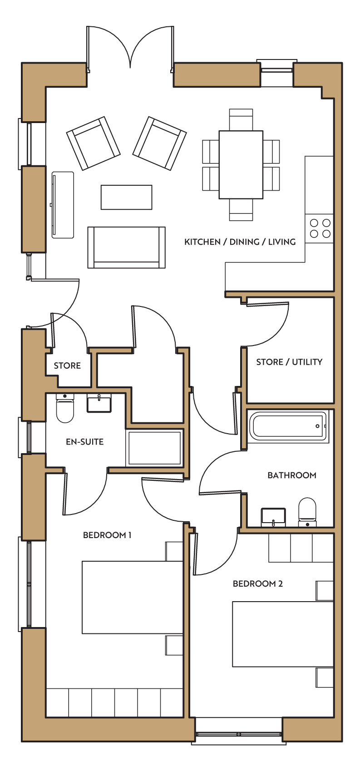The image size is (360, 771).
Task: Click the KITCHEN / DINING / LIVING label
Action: click(x=240, y=242)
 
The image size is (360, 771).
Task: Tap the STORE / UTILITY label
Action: click(x=289, y=362)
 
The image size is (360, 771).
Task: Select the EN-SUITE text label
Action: click(x=84, y=442)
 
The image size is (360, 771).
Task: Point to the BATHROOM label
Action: click(x=292, y=475)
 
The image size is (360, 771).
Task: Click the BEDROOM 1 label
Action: click(x=107, y=535)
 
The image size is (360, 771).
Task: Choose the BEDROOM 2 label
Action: click(x=258, y=583)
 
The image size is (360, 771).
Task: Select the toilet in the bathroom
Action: click(x=307, y=512)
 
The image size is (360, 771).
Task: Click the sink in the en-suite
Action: click(x=99, y=403)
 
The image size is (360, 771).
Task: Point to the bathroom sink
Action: click(x=273, y=517)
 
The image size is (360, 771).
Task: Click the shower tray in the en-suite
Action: click(x=154, y=448)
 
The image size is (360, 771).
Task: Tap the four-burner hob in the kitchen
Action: click(x=319, y=228)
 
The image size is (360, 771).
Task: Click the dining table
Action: click(x=241, y=164)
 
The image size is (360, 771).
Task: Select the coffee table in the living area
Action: click(x=126, y=197)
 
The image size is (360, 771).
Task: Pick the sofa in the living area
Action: click(x=126, y=247)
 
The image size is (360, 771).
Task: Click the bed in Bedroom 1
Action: click(x=132, y=598)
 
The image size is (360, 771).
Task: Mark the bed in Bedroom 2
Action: click(x=283, y=634)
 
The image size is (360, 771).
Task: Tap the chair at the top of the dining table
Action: click(x=241, y=119)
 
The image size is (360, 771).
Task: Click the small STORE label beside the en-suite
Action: click(x=67, y=366)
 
